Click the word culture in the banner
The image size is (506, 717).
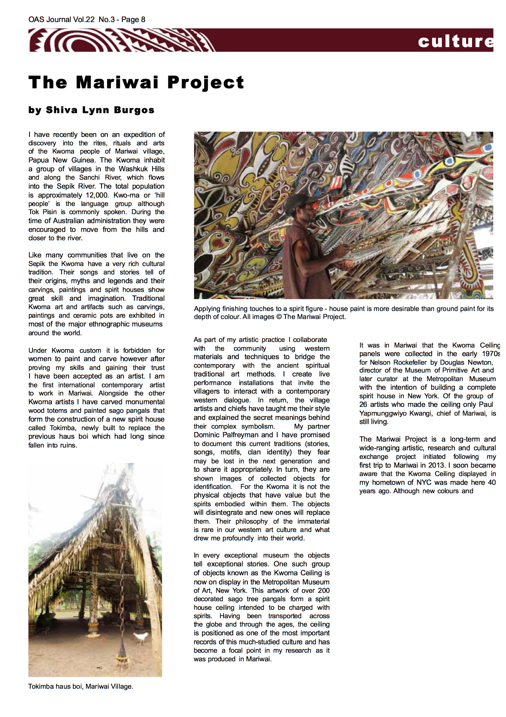[455, 41]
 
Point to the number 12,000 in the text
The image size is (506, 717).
[98, 195]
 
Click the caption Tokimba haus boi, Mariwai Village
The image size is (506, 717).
[81, 686]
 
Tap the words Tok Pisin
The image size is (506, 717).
[43, 212]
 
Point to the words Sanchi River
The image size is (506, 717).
[100, 178]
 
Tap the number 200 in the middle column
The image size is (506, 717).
[324, 591]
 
